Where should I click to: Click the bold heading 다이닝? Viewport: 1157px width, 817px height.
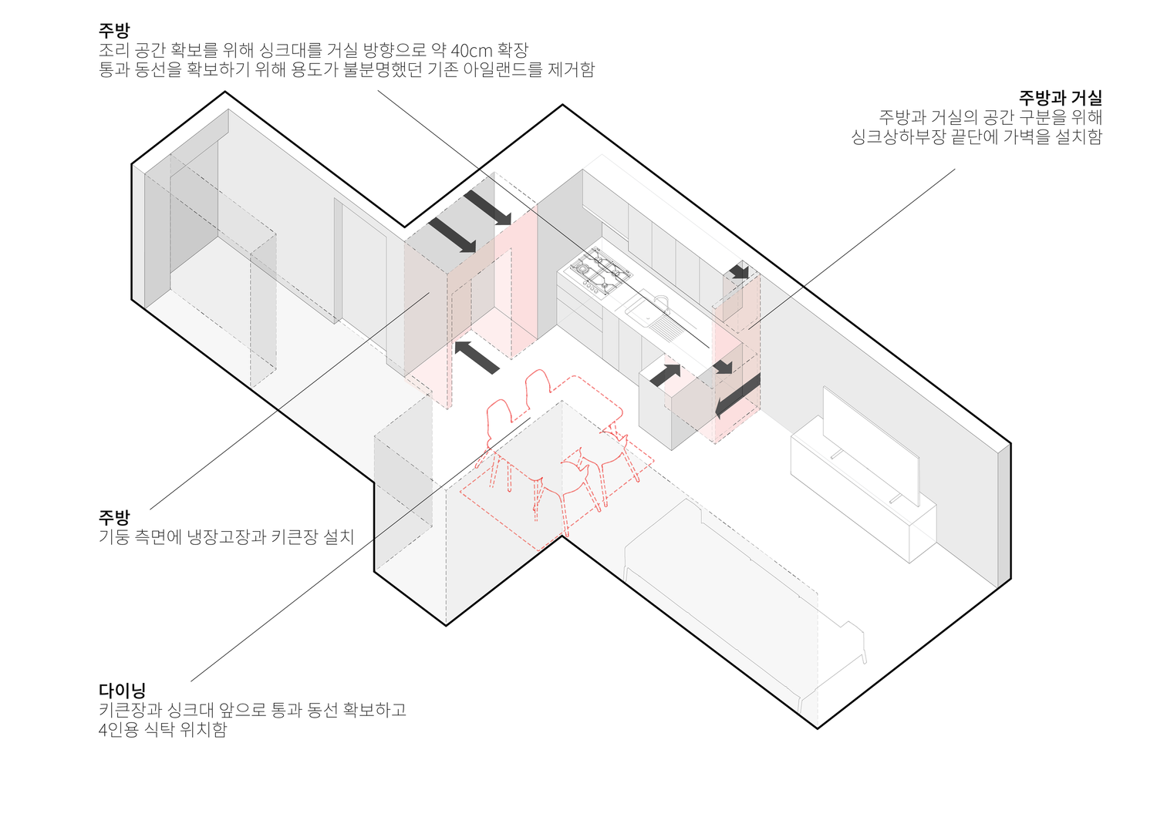coord(122,691)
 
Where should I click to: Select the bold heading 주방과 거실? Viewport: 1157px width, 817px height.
coord(1060,98)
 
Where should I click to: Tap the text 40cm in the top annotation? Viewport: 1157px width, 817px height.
coord(471,51)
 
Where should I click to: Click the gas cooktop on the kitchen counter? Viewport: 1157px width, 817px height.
coord(601,271)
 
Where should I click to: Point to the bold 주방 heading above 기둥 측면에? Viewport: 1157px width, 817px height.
coord(114,517)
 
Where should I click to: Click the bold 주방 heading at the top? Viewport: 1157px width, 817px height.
coord(114,31)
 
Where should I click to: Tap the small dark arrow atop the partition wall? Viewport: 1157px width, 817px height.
coord(740,271)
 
